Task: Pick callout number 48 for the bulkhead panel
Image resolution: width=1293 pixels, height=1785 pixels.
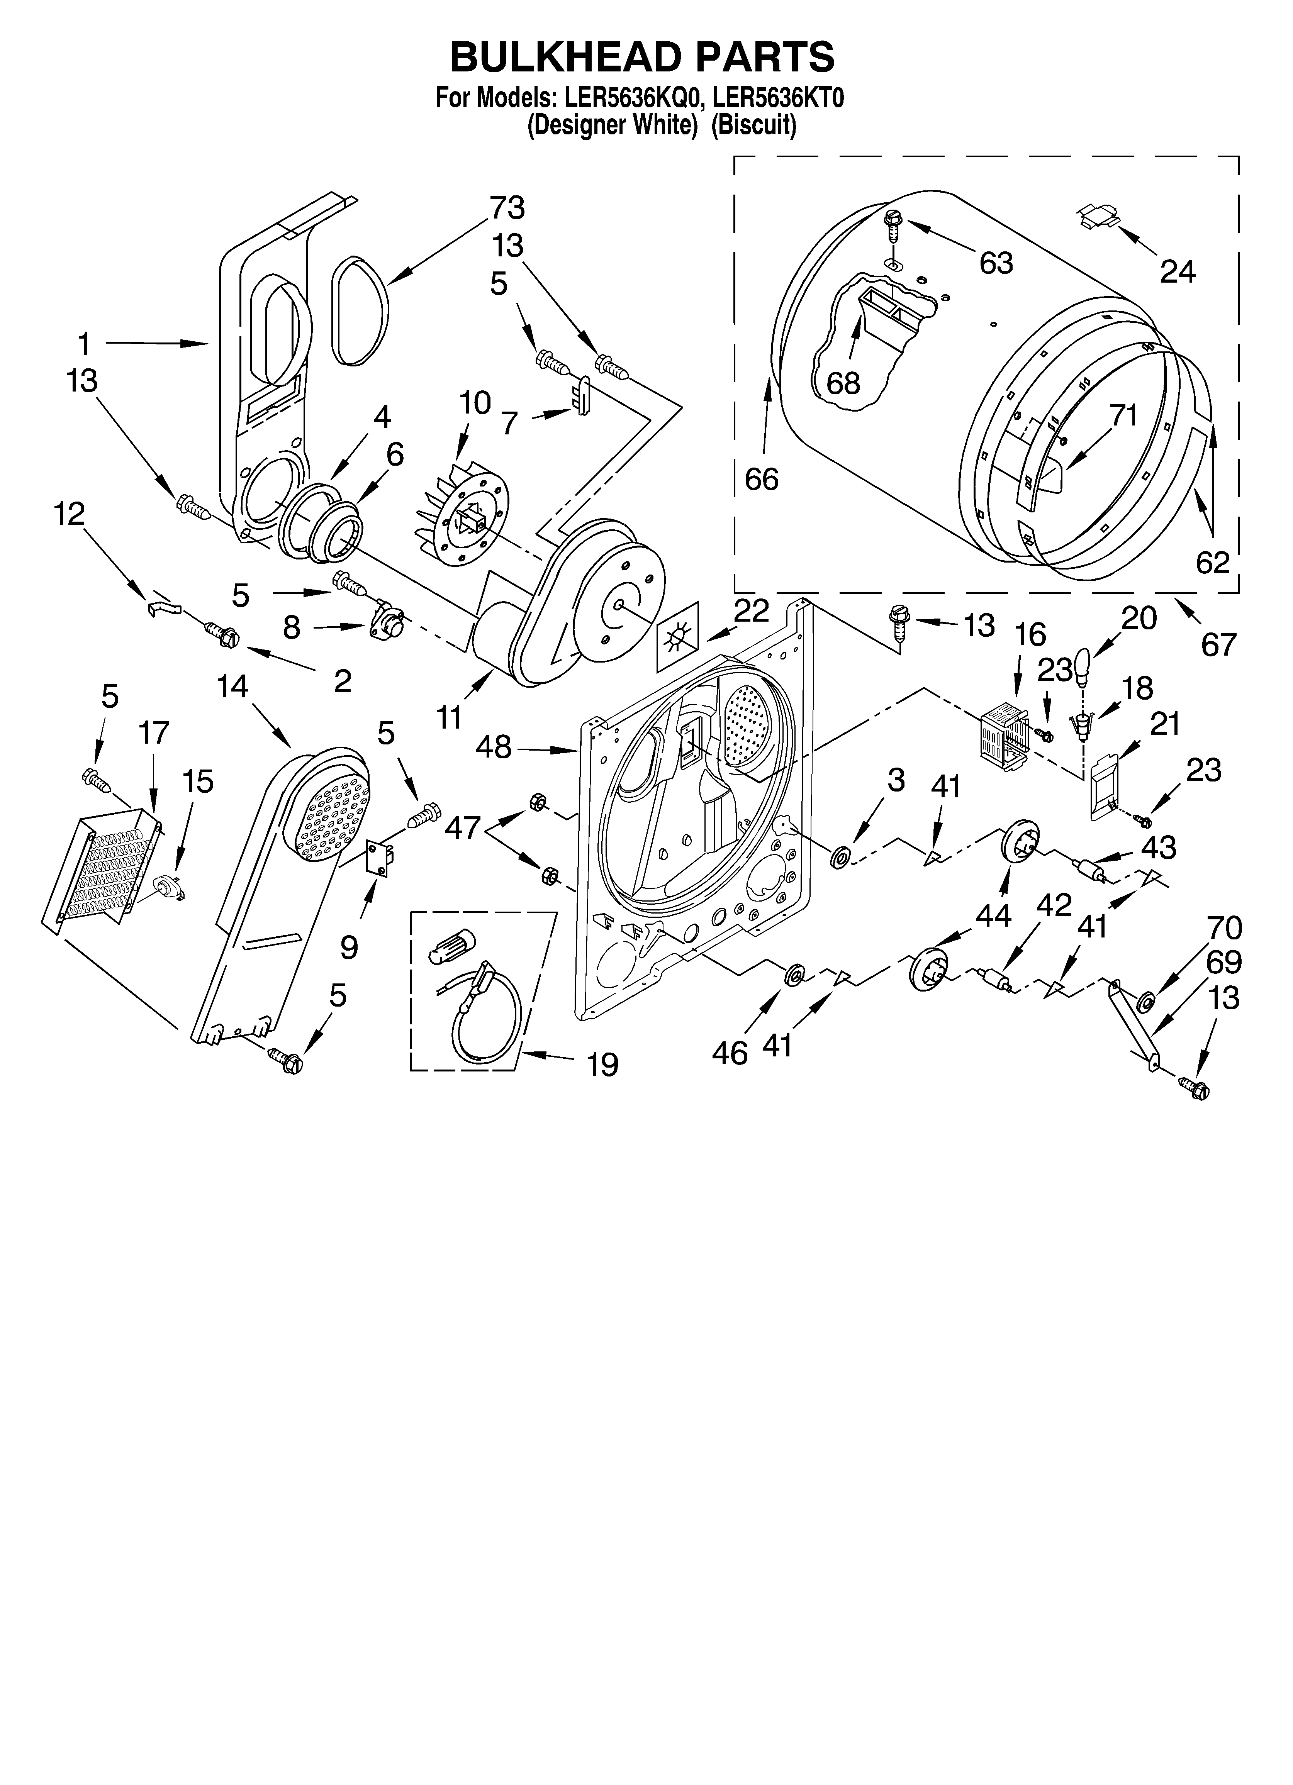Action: pyautogui.click(x=494, y=747)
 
